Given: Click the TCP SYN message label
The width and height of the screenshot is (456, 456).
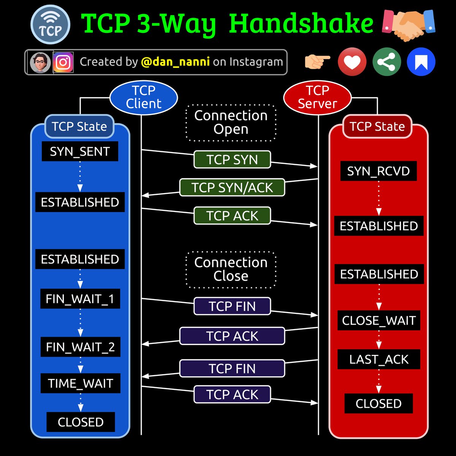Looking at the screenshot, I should (232, 160).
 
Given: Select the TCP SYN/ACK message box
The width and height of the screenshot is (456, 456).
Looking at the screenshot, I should (232, 187).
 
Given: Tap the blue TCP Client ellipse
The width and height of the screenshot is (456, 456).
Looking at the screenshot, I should (144, 97).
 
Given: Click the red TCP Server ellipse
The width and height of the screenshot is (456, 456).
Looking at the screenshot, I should (317, 97).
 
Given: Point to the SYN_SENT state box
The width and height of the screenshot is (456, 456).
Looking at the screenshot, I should (80, 151).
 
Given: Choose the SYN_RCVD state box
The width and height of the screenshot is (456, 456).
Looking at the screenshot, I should (378, 171).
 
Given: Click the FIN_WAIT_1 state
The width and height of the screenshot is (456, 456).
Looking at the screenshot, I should (80, 299).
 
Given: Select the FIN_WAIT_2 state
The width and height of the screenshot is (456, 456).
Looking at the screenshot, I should (80, 347).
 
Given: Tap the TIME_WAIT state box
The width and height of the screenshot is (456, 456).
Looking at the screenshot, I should (80, 383).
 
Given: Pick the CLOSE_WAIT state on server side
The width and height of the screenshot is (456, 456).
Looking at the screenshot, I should (379, 320).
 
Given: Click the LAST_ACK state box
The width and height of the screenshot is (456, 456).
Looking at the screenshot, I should (379, 359).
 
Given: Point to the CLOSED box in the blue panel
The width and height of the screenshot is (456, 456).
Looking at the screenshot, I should (81, 422).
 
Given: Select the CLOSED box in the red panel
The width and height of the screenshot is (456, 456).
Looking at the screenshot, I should (378, 403).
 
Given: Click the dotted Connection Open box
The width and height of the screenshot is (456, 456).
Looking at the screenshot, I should (231, 122).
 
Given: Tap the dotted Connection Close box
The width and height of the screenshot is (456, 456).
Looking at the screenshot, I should (231, 269).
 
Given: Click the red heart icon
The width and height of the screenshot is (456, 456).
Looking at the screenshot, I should (352, 62).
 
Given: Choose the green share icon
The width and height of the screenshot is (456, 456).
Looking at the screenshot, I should (386, 62).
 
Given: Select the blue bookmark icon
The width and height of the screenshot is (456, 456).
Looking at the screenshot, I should (421, 62).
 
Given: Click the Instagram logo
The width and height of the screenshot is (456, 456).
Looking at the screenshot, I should (63, 62).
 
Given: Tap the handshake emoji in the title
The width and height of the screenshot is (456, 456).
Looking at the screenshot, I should (408, 25).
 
